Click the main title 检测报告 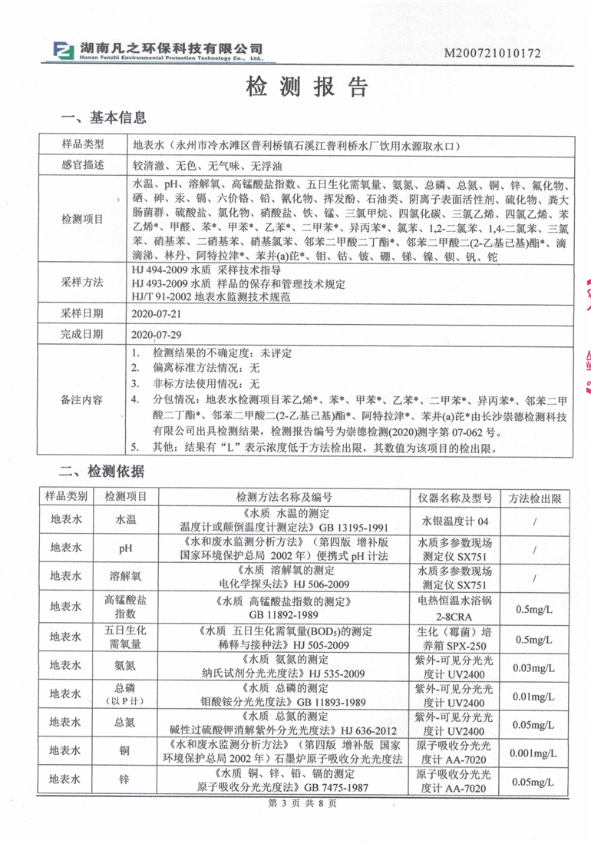click(x=295, y=86)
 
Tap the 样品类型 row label click(x=82, y=144)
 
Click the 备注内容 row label click(x=82, y=400)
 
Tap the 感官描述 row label click(x=82, y=165)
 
